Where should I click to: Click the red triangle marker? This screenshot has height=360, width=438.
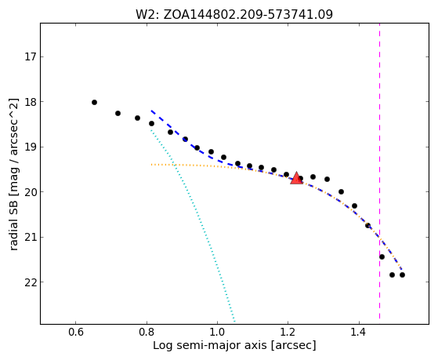click(296, 178)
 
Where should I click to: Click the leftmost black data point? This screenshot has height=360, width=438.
click(94, 103)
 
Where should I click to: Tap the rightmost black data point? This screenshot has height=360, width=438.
click(402, 275)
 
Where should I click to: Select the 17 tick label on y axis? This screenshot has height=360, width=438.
click(31, 57)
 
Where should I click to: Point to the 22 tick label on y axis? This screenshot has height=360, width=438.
click(31, 282)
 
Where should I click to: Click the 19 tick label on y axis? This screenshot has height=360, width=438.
click(31, 147)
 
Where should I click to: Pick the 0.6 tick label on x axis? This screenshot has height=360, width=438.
click(76, 333)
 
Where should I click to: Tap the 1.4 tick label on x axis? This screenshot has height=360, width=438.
click(359, 333)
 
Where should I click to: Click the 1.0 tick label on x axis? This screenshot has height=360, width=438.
click(217, 333)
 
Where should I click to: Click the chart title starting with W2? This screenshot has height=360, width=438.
click(234, 14)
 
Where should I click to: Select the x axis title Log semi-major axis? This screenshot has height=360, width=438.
click(234, 346)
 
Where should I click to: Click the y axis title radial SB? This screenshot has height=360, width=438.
click(13, 174)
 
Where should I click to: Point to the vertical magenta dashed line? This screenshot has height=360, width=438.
click(379, 171)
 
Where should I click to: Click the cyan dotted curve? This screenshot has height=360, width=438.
click(193, 224)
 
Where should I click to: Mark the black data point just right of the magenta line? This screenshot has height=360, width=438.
click(382, 256)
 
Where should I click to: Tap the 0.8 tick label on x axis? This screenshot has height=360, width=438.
click(147, 333)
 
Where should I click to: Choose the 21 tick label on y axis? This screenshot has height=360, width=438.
click(31, 237)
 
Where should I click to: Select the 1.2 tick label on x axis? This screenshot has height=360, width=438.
click(288, 333)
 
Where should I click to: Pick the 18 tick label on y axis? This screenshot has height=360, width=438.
click(31, 102)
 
